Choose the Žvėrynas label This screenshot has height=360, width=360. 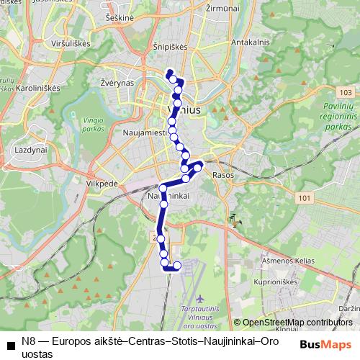[118, 83]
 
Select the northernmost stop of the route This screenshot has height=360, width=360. [170, 72]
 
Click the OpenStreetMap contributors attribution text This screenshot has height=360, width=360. [297, 323]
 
